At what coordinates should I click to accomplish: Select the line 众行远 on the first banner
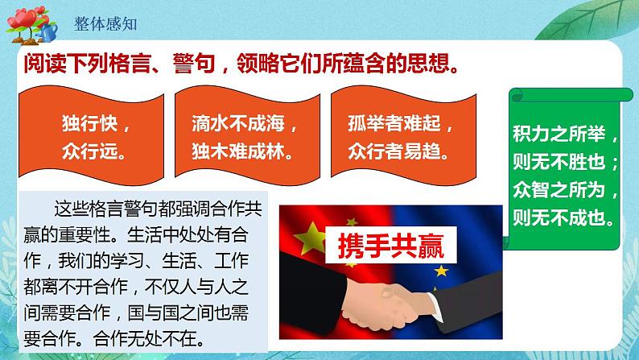coord(93,150)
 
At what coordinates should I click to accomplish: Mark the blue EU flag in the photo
coord(459,234)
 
